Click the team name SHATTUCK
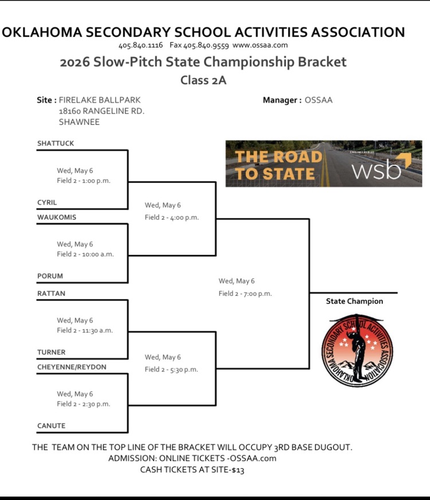[x=56, y=143]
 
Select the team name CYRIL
[x=47, y=202]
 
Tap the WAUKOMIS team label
[x=57, y=217]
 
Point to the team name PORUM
[x=50, y=276]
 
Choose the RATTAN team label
[x=51, y=294]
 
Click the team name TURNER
[x=52, y=352]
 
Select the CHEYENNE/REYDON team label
[x=72, y=367]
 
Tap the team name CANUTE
[x=52, y=425]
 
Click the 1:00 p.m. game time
[x=96, y=181]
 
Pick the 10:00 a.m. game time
[x=98, y=254]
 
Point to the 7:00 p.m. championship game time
[x=257, y=294]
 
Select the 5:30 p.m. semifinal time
[x=184, y=370]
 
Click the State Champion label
[x=354, y=302]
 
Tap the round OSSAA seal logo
[x=357, y=351]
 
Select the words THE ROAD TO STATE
[x=278, y=165]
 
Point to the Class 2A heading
[x=204, y=80]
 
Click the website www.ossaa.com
[x=260, y=45]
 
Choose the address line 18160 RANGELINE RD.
[x=101, y=111]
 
